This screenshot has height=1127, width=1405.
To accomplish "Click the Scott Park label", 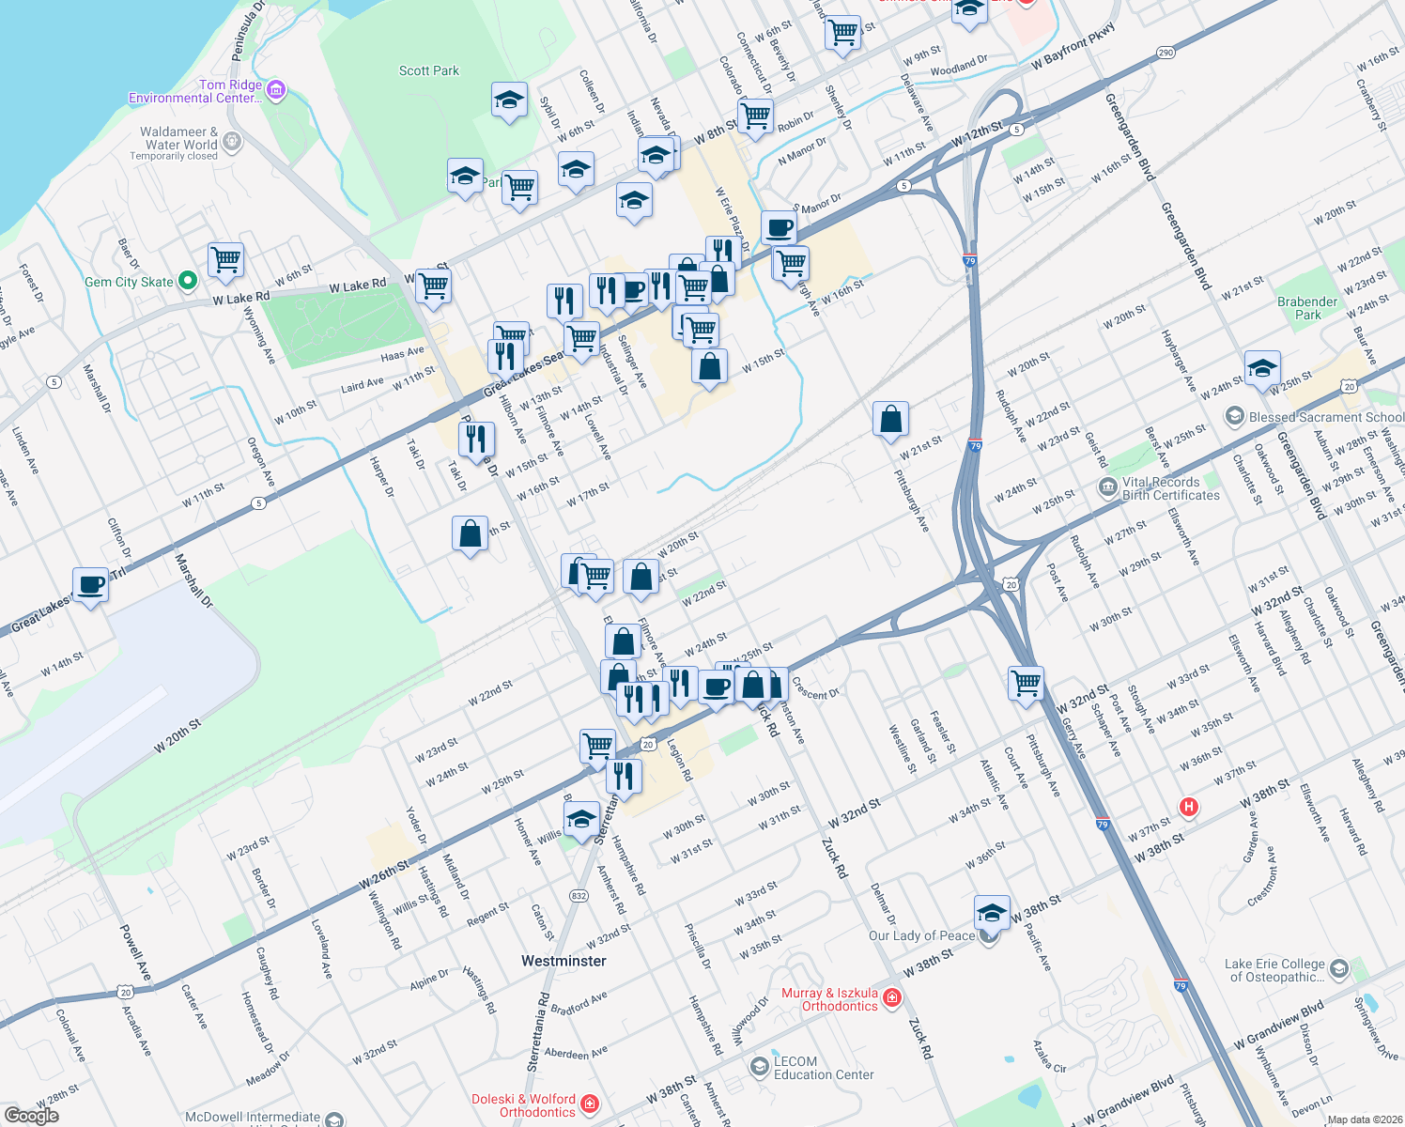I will pyautogui.click(x=429, y=70).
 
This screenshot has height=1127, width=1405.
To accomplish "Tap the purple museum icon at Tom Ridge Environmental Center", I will pyautogui.click(x=276, y=90).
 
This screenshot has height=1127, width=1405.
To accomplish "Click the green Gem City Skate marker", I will pyautogui.click(x=187, y=280).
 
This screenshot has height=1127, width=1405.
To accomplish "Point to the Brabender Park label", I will pyautogui.click(x=1307, y=308).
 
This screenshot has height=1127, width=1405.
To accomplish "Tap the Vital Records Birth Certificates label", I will pyautogui.click(x=1170, y=488).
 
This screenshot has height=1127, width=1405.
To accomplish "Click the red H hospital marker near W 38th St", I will pyautogui.click(x=1189, y=807).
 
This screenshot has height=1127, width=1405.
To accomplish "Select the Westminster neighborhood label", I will pyautogui.click(x=564, y=961).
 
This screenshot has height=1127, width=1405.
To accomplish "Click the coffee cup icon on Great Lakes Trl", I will pyautogui.click(x=91, y=585).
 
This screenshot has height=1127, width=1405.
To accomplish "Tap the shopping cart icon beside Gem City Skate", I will pyautogui.click(x=225, y=259).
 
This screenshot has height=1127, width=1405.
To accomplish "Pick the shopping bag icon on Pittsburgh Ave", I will pyautogui.click(x=890, y=419).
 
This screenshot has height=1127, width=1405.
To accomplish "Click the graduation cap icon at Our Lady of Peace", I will pyautogui.click(x=992, y=912).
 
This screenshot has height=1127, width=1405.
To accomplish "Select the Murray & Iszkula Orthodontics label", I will pyautogui.click(x=830, y=999).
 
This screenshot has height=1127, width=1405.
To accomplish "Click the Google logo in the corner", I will pyautogui.click(x=32, y=1115).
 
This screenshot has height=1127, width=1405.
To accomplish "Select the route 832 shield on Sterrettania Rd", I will pyautogui.click(x=579, y=896).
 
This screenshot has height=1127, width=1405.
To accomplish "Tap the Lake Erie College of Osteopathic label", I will pyautogui.click(x=1274, y=970).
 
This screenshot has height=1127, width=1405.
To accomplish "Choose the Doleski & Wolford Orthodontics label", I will pyautogui.click(x=523, y=1105).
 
